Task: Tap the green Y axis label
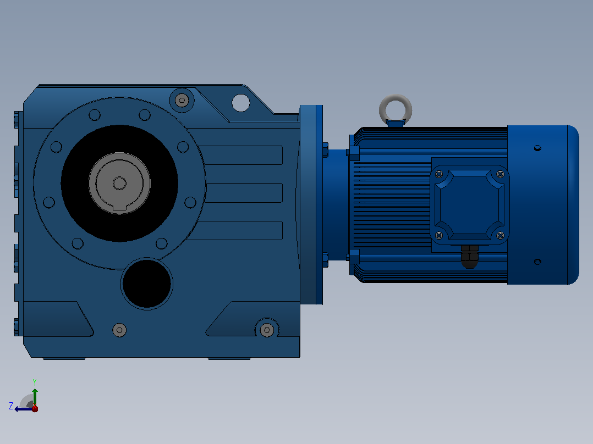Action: click(x=35, y=382)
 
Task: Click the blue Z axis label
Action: click(x=11, y=406)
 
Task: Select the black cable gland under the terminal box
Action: click(x=469, y=257)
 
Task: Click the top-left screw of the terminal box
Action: click(x=439, y=174)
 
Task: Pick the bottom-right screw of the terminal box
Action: click(x=500, y=235)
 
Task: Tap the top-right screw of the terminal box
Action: click(x=500, y=174)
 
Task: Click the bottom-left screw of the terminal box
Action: click(x=439, y=235)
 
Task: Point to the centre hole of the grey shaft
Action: click(x=119, y=184)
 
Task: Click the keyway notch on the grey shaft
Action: click(x=119, y=207)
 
